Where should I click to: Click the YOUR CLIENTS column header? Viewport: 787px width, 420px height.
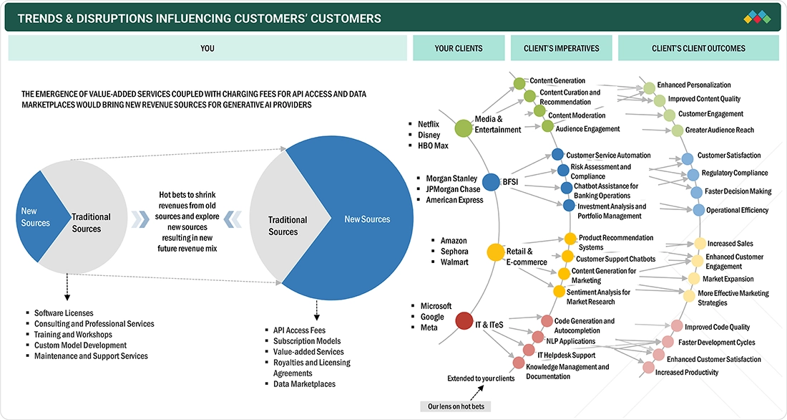point(459,49)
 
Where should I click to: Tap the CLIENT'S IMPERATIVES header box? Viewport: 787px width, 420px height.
point(561,49)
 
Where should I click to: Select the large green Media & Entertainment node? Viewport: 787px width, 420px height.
point(463,128)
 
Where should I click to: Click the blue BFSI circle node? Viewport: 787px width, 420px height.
point(491,182)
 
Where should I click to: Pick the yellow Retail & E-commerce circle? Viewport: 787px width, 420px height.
point(495,252)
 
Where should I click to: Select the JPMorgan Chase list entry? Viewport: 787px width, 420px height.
point(453,189)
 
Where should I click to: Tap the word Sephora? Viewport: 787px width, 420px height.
point(454,252)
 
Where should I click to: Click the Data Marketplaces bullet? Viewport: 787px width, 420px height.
point(304,384)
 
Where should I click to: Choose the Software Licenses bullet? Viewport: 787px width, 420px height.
point(64,313)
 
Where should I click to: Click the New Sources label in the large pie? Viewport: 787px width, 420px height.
point(367,219)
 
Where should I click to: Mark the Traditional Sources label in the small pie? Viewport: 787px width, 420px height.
point(91,222)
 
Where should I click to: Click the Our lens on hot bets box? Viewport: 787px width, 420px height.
point(454,406)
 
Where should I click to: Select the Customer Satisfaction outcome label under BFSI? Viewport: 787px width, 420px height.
point(729,156)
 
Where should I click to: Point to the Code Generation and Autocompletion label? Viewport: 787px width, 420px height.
point(584,326)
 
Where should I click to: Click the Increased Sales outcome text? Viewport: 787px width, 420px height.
point(730,244)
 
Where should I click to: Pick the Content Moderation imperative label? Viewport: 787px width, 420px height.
point(577,115)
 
